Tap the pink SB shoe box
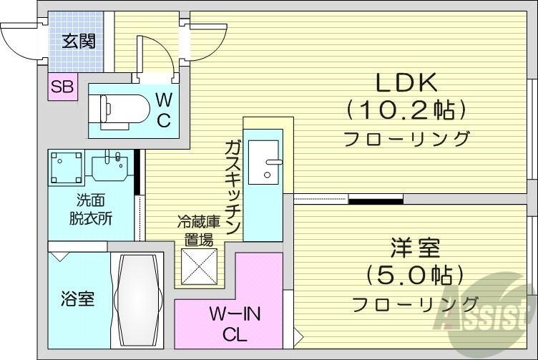(62, 88)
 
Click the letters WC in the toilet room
(163, 110)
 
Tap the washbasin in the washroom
(112, 165)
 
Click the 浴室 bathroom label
(78, 298)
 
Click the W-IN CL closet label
(235, 323)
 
